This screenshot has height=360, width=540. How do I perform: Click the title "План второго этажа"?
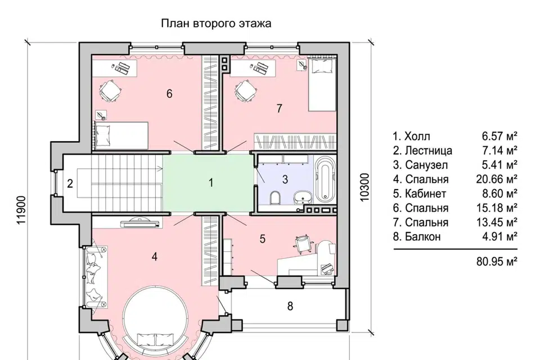[x=217, y=24]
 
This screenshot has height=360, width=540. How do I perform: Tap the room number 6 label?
[x=169, y=93]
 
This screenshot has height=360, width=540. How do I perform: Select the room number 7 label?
[x=279, y=109]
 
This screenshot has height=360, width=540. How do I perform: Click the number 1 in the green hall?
[x=211, y=183]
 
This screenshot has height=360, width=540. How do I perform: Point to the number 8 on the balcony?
[x=290, y=307]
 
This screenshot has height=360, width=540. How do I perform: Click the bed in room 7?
[x=322, y=84]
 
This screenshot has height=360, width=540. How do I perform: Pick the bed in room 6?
[x=120, y=136]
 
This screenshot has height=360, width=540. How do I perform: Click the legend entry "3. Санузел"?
[x=421, y=165]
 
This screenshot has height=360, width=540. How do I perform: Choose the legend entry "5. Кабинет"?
[x=421, y=194]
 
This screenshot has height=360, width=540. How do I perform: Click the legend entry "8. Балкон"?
[x=417, y=237]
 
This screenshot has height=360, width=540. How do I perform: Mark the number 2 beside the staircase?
[x=70, y=183]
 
